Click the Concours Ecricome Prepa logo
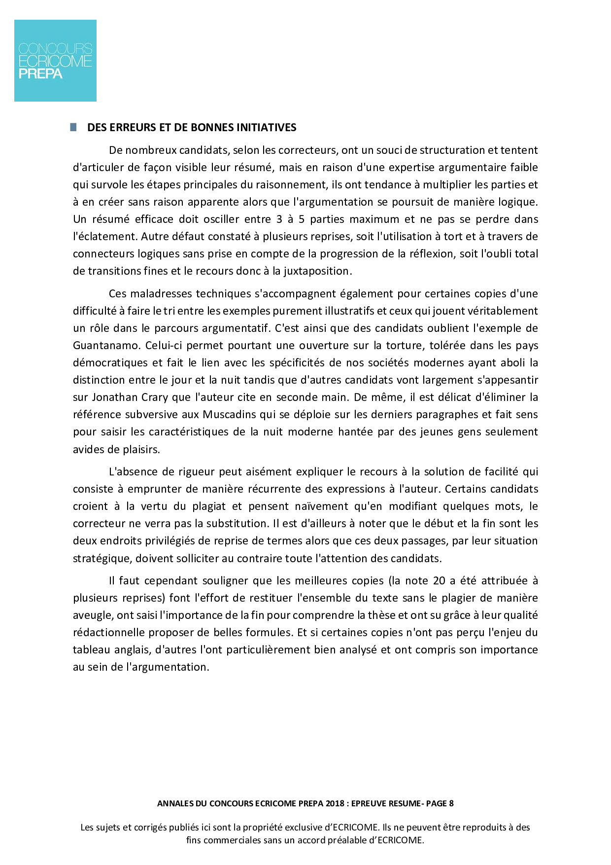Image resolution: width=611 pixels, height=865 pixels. pyautogui.click(x=55, y=61)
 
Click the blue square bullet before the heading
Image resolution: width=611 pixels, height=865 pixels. pyautogui.click(x=74, y=127)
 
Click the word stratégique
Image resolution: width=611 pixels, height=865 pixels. pyautogui.click(x=102, y=559)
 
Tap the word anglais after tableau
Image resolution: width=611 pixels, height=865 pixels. pyautogui.click(x=129, y=650)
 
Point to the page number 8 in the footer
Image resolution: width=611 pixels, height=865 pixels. pyautogui.click(x=451, y=803)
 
